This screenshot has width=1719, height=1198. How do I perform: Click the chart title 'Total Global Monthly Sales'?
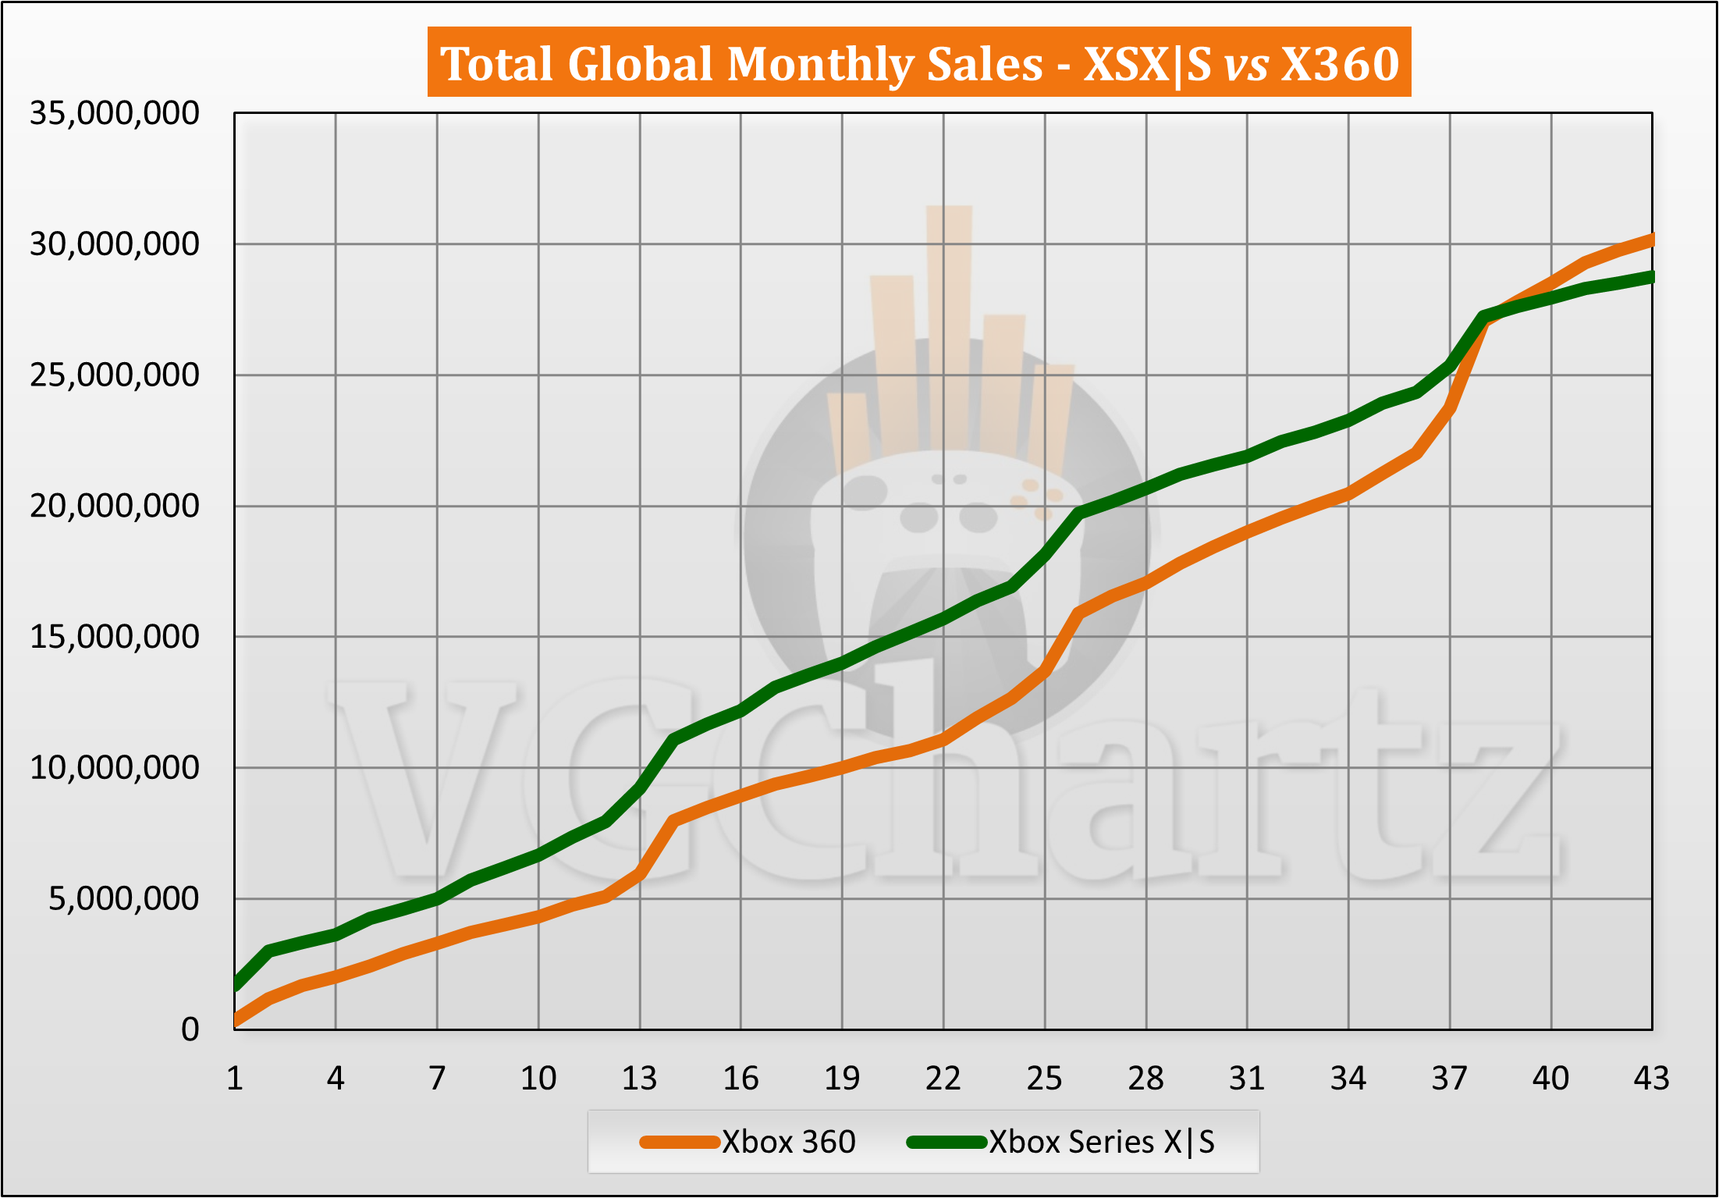click(x=741, y=63)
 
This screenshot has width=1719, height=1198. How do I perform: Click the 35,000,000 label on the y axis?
click(x=114, y=114)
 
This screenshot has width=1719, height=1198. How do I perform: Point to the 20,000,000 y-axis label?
click(x=114, y=507)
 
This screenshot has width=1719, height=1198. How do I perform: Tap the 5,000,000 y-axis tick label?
click(x=123, y=899)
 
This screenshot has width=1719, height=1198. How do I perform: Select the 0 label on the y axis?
click(x=190, y=1030)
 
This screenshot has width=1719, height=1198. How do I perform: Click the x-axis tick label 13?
click(x=639, y=1079)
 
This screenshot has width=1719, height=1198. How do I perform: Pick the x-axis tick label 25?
click(x=1044, y=1079)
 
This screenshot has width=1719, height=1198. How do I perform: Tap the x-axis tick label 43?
click(x=1651, y=1079)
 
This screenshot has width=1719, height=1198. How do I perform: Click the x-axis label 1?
click(x=235, y=1079)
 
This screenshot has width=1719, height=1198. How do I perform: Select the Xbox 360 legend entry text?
click(x=788, y=1143)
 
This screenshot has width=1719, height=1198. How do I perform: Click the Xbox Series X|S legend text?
click(x=1102, y=1143)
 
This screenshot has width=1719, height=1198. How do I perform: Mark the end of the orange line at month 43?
click(x=1650, y=240)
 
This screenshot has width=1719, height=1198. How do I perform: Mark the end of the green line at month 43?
click(x=1650, y=277)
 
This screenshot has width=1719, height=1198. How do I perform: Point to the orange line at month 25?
click(x=1045, y=670)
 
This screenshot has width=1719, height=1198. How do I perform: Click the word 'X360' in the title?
click(x=1341, y=63)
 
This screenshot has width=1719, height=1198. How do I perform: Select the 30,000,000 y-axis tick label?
click(x=114, y=245)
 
